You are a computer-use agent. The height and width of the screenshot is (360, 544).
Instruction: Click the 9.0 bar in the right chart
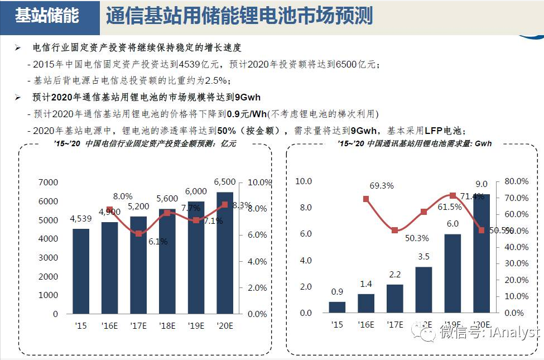click(482, 253)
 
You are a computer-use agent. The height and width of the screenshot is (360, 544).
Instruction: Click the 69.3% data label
click(382, 185)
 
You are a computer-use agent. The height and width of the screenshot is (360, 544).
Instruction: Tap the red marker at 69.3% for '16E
click(366, 199)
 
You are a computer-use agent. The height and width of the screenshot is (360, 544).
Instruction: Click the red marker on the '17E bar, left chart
click(138, 233)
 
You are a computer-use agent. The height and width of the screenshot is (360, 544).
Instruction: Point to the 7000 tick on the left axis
click(48, 183)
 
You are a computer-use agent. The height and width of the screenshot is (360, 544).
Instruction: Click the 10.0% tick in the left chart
click(259, 183)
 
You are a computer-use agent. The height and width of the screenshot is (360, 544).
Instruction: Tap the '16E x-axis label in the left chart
click(109, 325)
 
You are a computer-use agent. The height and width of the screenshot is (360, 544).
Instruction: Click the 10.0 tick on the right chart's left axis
click(304, 181)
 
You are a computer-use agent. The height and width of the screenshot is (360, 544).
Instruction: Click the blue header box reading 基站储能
click(47, 16)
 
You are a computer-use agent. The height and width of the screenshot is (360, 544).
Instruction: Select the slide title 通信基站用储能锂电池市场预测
click(239, 16)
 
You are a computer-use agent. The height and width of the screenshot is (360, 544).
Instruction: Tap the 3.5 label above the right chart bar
click(423, 257)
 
